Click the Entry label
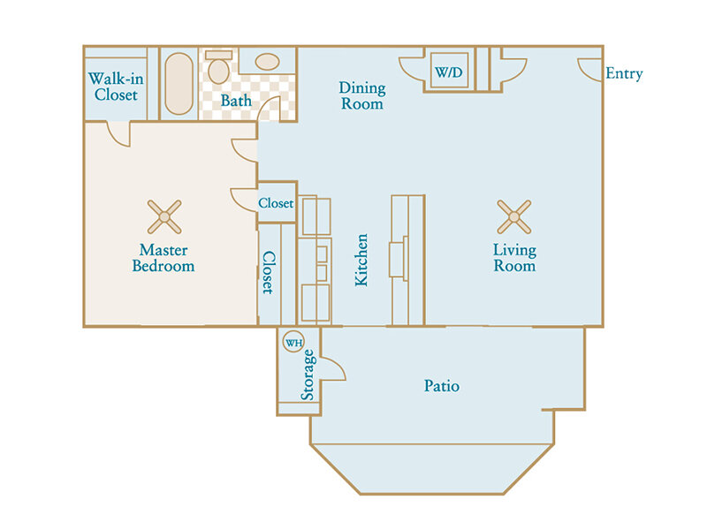point(624,73)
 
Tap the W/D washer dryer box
point(449,71)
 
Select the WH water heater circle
point(293,343)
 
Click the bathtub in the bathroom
point(179,83)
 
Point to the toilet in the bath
point(218,67)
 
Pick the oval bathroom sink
point(267,62)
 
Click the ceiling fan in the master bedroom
point(164,216)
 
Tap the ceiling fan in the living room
point(514,216)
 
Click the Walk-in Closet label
point(116,87)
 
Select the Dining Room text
point(362,95)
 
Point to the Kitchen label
point(361,260)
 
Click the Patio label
point(442,386)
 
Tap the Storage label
point(308,375)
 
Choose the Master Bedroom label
point(163,258)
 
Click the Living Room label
point(514,258)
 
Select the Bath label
point(236,101)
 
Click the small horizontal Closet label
point(276,203)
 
